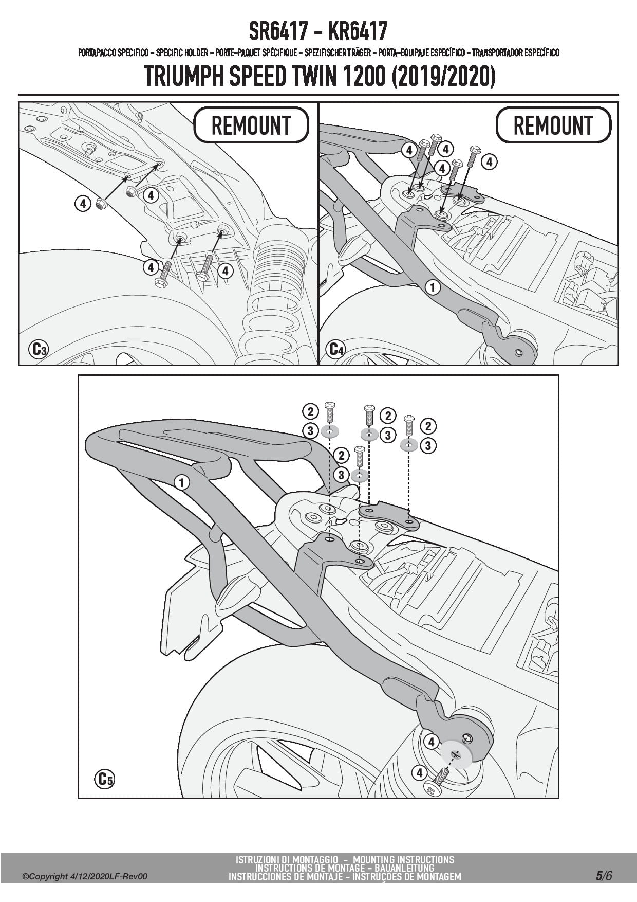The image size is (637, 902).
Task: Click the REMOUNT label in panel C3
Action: click(x=251, y=125)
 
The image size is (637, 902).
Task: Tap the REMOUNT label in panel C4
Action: click(x=553, y=125)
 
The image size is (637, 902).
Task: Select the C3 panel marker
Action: click(x=38, y=350)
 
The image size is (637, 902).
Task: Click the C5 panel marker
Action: click(x=104, y=779)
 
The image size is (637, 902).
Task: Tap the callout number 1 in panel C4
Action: click(x=433, y=287)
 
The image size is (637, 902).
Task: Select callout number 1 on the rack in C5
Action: click(x=181, y=482)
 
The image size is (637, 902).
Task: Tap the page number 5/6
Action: click(x=604, y=876)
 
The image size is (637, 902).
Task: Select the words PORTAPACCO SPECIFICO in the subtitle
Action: click(x=113, y=52)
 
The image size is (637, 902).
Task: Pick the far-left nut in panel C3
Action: click(x=101, y=205)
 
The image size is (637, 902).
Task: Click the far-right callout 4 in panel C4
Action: click(x=489, y=162)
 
